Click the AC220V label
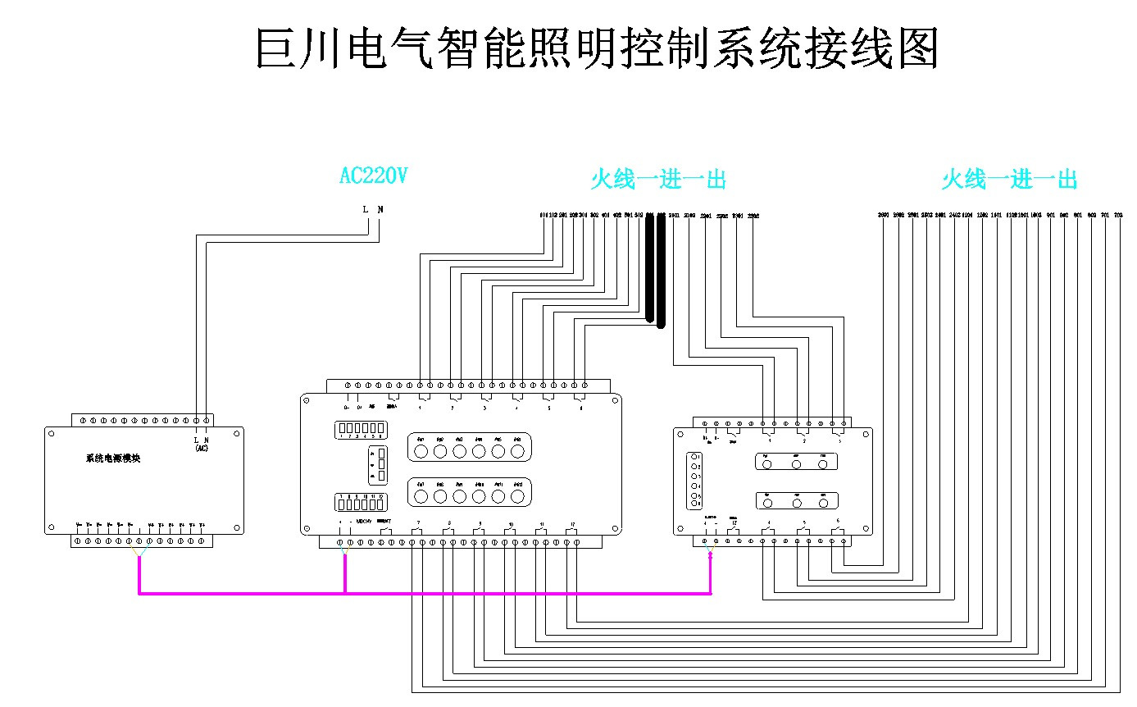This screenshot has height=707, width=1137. tap(373, 176)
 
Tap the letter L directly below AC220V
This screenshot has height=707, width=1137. tap(366, 209)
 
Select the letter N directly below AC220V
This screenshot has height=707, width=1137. tap(380, 209)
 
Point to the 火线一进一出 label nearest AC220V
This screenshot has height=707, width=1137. tap(658, 180)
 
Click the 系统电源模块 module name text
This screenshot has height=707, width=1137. tap(113, 458)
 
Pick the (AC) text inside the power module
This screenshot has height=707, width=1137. tap(201, 449)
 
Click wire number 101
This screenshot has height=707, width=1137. tap(543, 216)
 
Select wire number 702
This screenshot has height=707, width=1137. tap(1118, 216)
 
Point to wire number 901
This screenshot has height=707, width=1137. tap(1050, 216)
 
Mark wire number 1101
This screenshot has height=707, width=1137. tap(996, 216)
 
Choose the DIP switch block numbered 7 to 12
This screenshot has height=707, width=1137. tap(360, 502)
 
